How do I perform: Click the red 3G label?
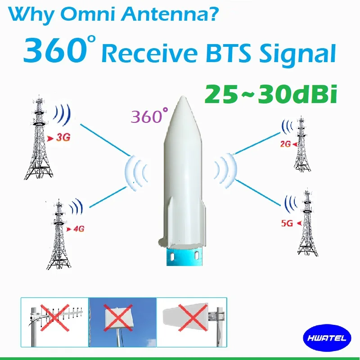pos(62,138)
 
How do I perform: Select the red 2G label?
pos(284,144)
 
